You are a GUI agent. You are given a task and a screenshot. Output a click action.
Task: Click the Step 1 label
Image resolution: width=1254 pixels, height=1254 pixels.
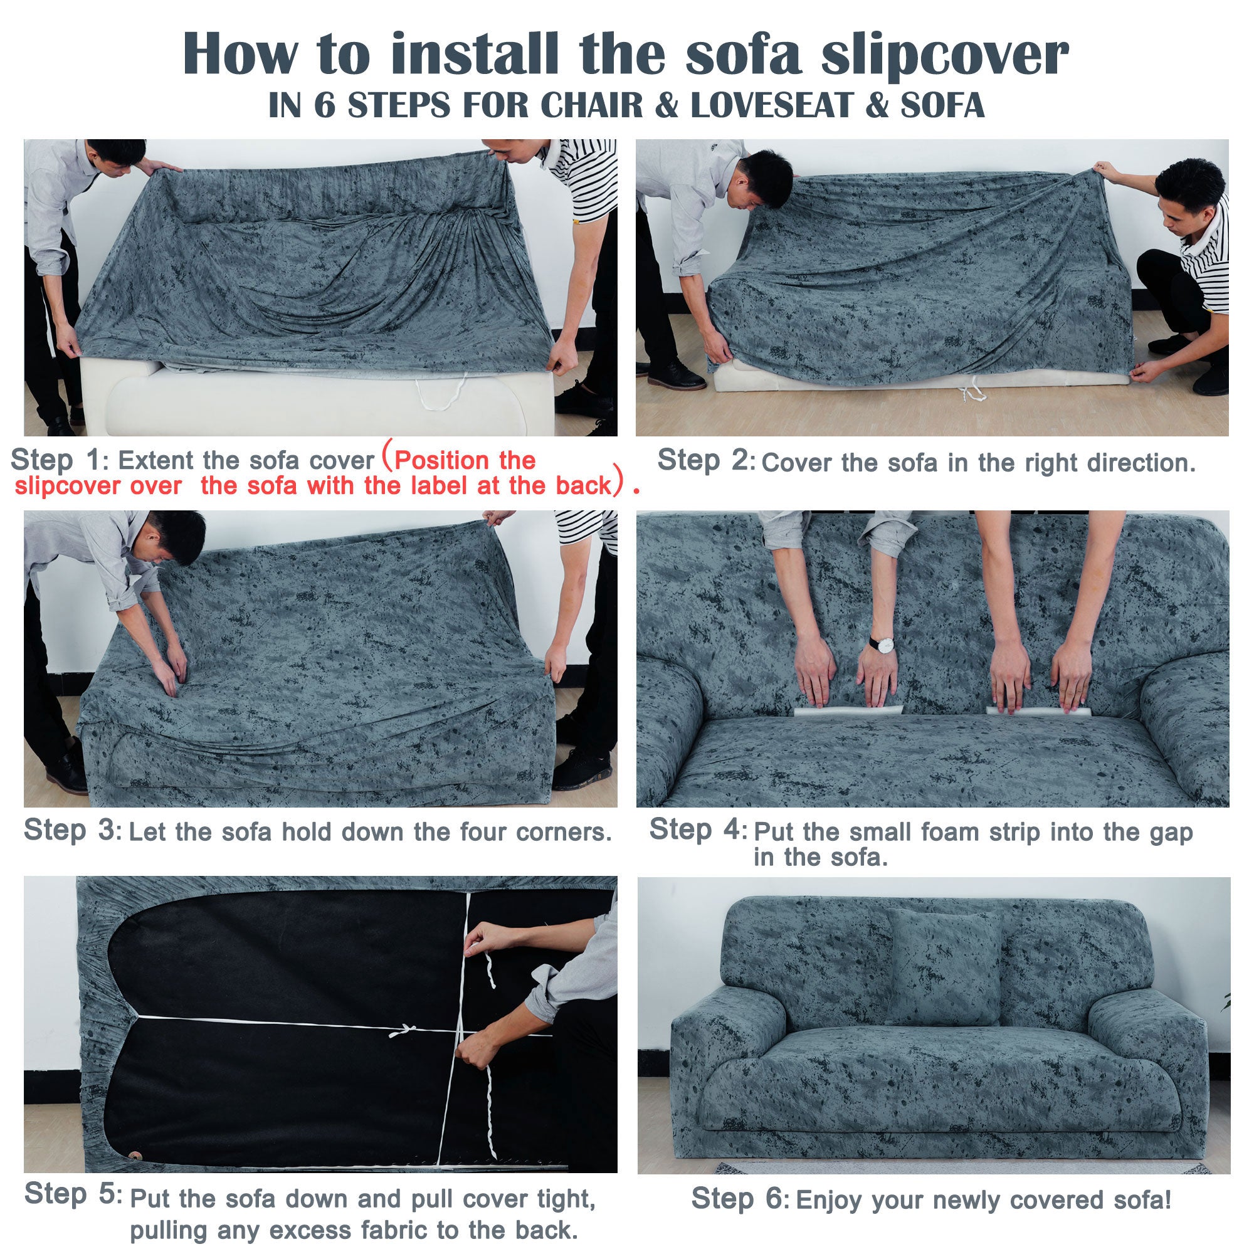(56, 460)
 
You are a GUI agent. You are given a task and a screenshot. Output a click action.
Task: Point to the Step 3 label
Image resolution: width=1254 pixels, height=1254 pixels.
(70, 830)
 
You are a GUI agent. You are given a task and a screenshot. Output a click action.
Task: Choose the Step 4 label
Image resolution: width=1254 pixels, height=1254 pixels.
(698, 830)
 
